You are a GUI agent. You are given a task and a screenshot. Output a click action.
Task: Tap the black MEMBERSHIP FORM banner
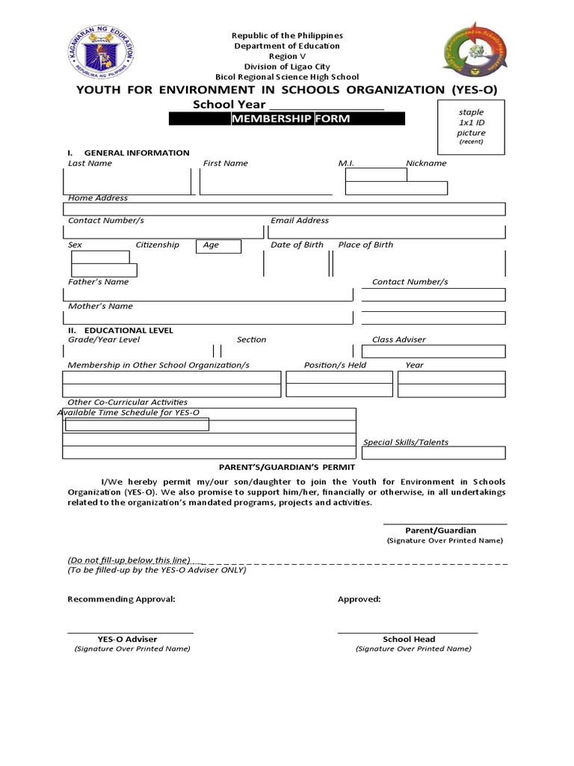(287, 119)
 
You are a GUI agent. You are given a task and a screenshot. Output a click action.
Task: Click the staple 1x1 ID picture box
(471, 126)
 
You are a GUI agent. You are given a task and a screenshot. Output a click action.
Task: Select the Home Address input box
(284, 209)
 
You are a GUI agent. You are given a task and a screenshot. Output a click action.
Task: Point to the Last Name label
(90, 163)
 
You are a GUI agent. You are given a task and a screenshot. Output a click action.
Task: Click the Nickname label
(426, 163)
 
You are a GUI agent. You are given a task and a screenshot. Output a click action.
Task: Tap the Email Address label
(300, 221)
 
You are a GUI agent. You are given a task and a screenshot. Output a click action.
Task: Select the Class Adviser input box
(433, 352)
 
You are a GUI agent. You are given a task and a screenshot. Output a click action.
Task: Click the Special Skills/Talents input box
(433, 453)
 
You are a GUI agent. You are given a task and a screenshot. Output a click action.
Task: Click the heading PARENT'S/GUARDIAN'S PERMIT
(287, 467)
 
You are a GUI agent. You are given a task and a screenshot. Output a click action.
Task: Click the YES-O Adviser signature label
(128, 640)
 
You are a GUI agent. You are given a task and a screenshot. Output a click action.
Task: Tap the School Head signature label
(409, 640)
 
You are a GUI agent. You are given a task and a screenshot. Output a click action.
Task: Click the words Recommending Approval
(122, 599)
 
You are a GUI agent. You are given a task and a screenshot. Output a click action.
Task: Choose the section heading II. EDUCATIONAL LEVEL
(120, 330)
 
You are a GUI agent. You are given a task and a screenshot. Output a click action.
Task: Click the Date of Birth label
(297, 245)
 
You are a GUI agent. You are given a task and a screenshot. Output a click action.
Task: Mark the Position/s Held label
(335, 365)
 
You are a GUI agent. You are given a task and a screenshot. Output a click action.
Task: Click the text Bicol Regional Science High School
(287, 77)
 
